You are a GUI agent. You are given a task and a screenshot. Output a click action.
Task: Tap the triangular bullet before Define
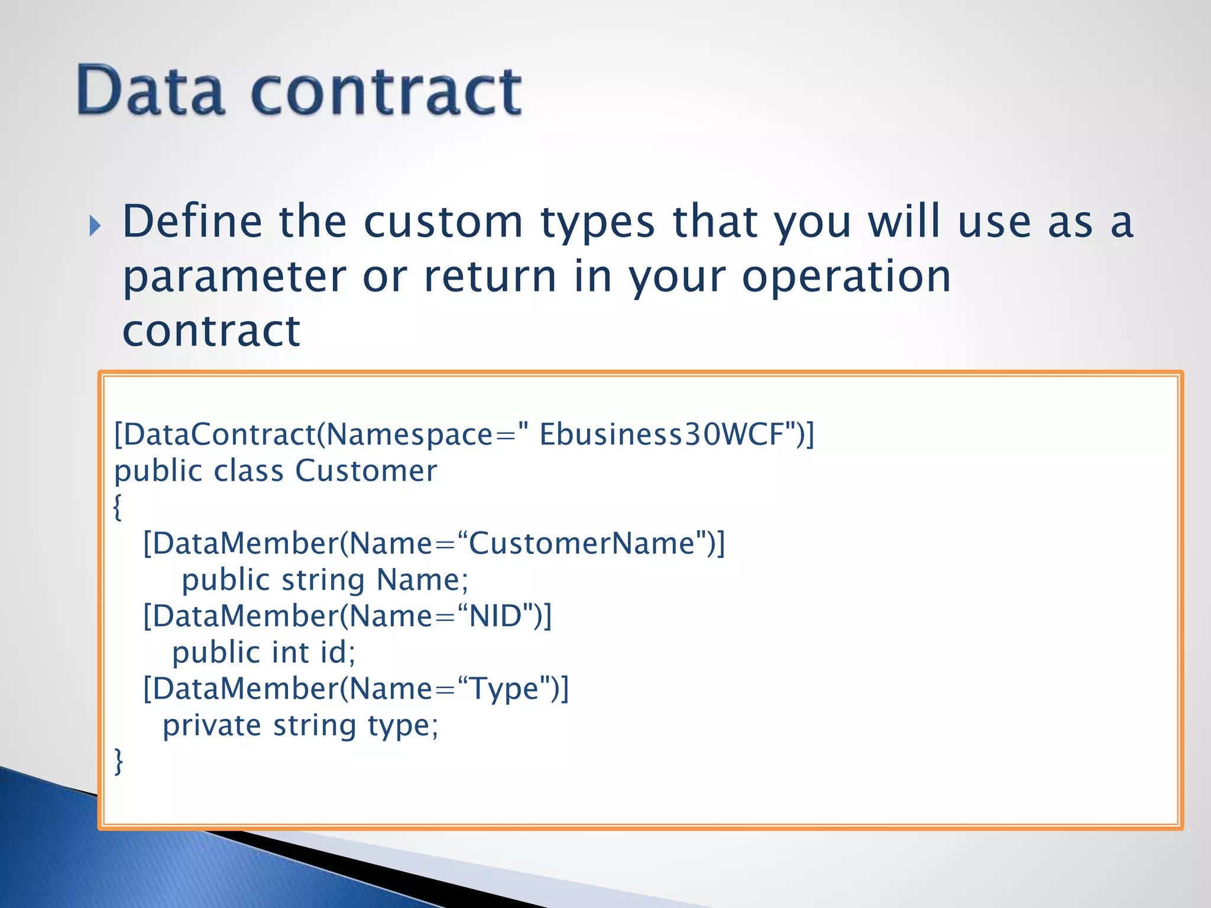tap(95, 226)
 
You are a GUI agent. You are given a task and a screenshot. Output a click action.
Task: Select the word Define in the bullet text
tap(192, 222)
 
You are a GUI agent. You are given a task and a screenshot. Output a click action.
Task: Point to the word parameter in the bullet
tap(234, 277)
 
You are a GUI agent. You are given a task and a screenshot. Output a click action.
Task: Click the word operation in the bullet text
tap(846, 277)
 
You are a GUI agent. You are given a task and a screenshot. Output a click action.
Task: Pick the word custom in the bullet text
tap(443, 222)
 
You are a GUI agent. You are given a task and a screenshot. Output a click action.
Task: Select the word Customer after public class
tap(366, 471)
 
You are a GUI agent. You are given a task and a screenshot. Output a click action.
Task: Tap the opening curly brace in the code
tap(118, 507)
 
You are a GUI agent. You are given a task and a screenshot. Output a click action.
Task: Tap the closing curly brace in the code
tap(118, 761)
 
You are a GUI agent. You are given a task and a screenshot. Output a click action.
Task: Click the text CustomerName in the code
tap(582, 543)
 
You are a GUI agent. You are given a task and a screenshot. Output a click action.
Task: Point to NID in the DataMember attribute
tap(496, 616)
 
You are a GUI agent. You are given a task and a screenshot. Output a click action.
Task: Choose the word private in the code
tap(212, 725)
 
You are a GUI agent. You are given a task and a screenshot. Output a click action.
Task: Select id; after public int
tap(338, 653)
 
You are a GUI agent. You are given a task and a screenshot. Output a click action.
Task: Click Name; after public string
tap(422, 580)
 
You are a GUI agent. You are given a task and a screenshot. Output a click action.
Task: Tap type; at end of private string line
tap(403, 727)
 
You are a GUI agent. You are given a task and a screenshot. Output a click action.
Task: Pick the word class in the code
tap(248, 471)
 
